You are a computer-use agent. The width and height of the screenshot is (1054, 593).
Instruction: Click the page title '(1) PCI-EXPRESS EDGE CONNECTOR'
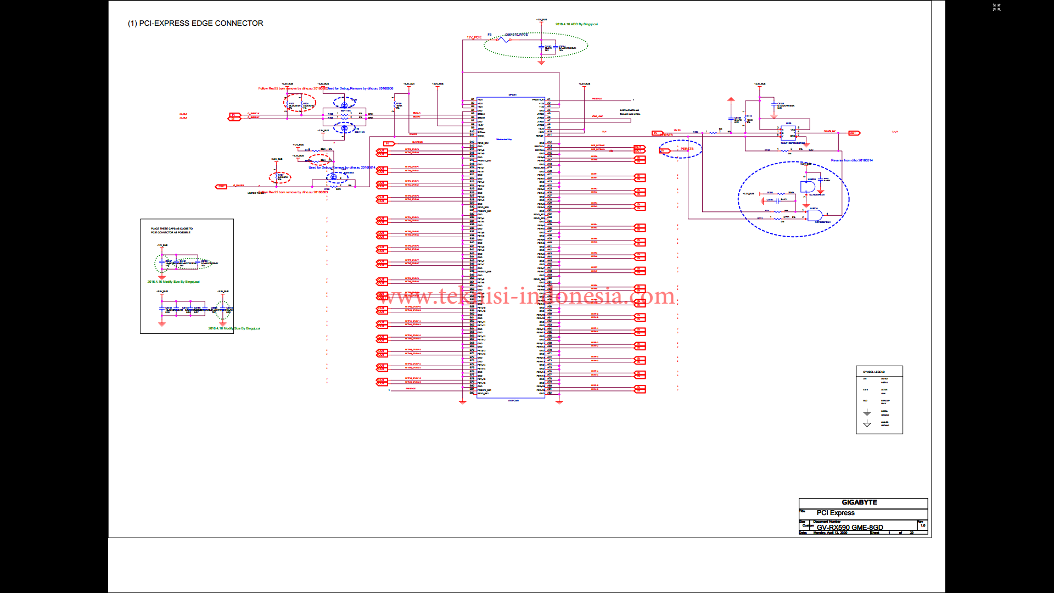click(x=195, y=23)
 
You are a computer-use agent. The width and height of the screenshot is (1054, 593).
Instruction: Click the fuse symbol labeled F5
click(x=503, y=40)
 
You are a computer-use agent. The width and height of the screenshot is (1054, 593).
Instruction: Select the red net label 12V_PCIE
click(x=474, y=37)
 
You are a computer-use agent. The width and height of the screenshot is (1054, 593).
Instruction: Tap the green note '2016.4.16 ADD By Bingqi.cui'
click(x=576, y=24)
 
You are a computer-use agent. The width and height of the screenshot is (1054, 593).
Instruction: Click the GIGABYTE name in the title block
click(x=859, y=502)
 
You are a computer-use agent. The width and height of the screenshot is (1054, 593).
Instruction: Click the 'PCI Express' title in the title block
click(x=835, y=513)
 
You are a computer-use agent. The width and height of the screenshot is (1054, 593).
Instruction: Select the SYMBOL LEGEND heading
click(x=873, y=372)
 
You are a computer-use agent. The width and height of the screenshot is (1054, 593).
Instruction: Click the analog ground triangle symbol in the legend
click(x=867, y=424)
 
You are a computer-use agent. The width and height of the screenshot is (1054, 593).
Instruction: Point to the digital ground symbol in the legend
click(x=867, y=412)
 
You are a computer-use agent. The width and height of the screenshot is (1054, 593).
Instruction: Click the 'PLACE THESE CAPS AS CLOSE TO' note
click(x=172, y=228)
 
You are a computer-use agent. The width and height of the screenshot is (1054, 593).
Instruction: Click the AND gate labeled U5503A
click(x=815, y=215)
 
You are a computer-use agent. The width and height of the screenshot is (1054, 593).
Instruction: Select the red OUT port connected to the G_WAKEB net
click(x=221, y=187)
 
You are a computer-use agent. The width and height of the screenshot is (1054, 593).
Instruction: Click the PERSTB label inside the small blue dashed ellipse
click(x=687, y=149)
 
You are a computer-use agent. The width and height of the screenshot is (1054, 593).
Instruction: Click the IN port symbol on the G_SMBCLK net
click(x=234, y=115)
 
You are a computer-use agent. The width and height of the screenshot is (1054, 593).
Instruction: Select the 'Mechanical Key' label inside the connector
click(x=503, y=139)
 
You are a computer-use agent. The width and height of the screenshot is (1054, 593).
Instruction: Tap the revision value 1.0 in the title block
click(x=923, y=525)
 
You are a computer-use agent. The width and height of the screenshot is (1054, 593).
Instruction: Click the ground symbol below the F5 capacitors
click(x=541, y=63)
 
